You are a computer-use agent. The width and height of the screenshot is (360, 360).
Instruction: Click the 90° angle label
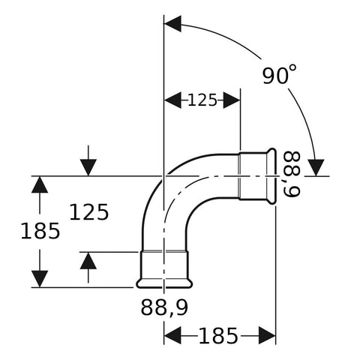(280, 74)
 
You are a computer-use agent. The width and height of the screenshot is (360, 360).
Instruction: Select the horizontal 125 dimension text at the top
(202, 100)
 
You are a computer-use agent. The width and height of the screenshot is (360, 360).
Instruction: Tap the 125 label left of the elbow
(89, 212)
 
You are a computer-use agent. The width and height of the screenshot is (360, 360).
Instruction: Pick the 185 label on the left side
(40, 231)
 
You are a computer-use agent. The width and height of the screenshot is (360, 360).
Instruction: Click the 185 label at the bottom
(218, 336)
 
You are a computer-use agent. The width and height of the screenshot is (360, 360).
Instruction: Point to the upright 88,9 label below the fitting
(164, 307)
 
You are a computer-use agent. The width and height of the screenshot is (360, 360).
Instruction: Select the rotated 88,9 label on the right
(292, 174)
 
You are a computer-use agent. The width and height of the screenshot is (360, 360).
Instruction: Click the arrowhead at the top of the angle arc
(172, 24)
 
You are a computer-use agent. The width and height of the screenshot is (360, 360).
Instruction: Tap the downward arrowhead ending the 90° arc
(316, 168)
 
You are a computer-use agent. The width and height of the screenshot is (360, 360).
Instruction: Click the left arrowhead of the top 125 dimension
(172, 100)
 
